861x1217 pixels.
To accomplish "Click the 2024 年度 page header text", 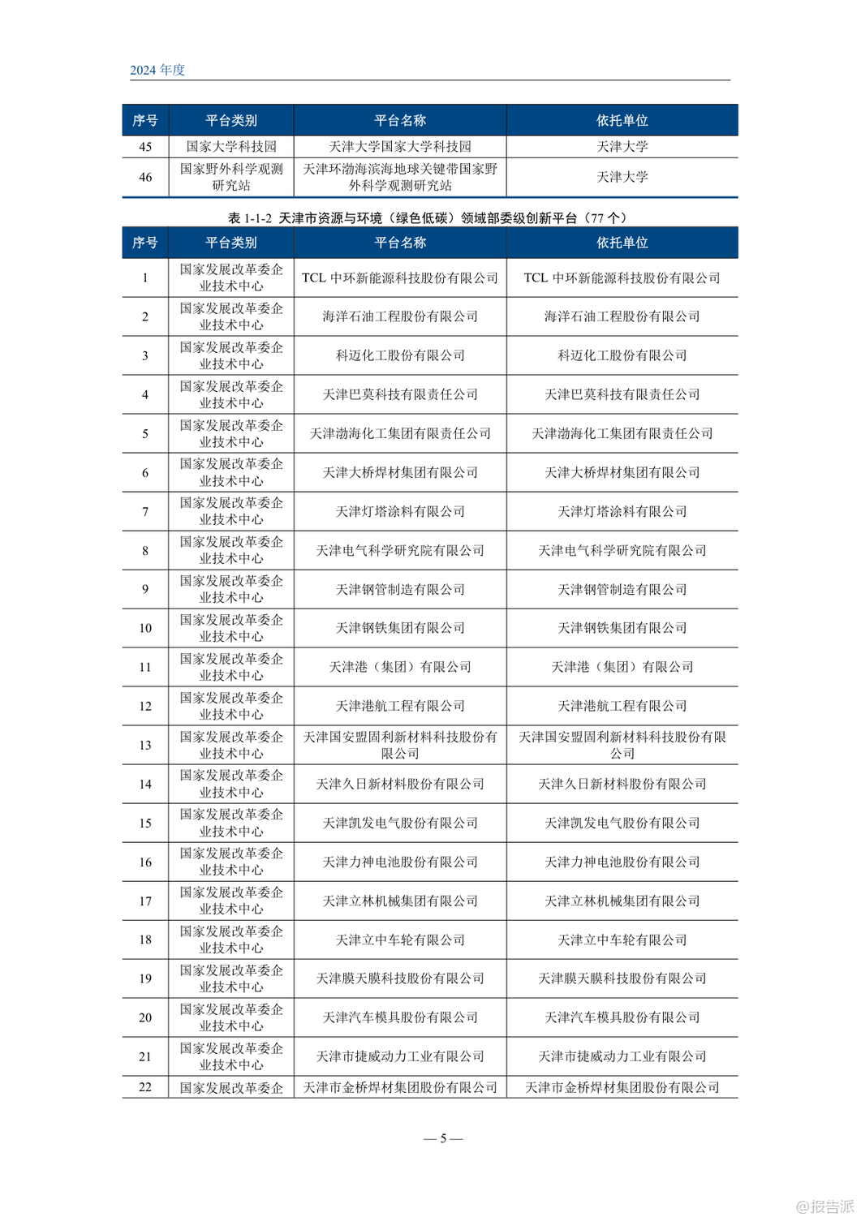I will click(157, 71).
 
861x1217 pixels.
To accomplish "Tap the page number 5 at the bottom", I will click(443, 1138).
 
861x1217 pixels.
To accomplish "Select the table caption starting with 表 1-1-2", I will click(428, 217).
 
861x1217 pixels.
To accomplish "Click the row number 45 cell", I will click(145, 147).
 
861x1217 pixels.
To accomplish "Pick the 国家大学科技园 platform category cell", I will click(231, 147).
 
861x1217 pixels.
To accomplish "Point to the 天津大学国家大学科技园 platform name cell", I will click(399, 147).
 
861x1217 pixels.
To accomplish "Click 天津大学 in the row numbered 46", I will click(622, 177).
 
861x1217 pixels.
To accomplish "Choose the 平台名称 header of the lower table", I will click(399, 243).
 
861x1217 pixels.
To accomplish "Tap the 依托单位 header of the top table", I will click(622, 121).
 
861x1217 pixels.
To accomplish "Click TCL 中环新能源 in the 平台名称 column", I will click(399, 278).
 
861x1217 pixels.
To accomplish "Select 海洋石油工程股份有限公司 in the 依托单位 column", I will click(622, 316).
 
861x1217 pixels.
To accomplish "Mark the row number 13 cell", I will click(145, 745).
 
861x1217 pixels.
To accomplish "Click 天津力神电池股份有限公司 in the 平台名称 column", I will click(399, 862).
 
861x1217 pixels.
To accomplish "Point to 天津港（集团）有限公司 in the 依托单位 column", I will click(622, 667).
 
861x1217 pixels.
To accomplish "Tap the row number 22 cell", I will click(145, 1087).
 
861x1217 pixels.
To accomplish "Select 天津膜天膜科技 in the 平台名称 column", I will click(399, 978).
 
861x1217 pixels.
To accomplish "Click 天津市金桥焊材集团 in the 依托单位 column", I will click(622, 1087).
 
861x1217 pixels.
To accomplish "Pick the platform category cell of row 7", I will click(231, 511).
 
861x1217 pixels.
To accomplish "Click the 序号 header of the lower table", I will click(145, 243).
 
